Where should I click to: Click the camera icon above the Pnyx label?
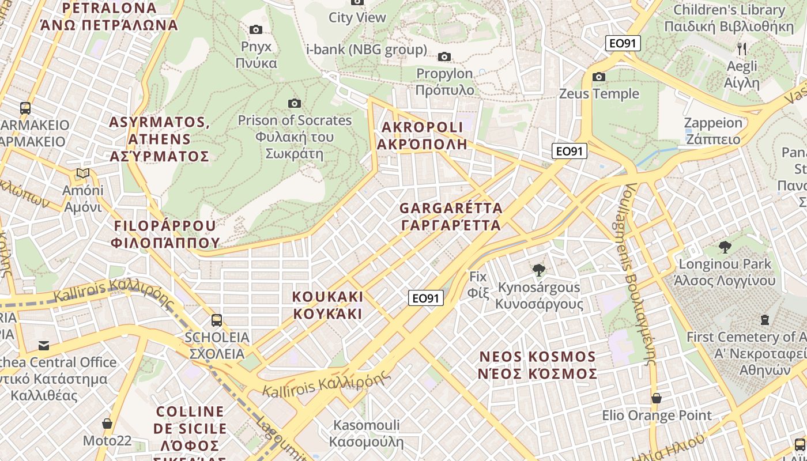(x=256, y=29)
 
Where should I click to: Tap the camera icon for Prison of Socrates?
(x=295, y=103)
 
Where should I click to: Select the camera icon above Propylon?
(x=444, y=56)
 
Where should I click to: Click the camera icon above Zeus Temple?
(x=599, y=77)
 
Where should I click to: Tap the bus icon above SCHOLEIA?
(x=217, y=320)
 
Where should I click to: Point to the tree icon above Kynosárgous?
(x=539, y=269)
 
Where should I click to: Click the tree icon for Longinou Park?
(x=725, y=247)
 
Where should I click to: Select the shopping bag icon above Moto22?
(x=107, y=424)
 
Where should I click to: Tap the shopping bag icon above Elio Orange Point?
(x=656, y=398)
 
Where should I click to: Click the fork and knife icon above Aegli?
(x=742, y=49)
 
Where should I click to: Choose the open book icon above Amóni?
(x=83, y=173)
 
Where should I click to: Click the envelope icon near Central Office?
(x=44, y=346)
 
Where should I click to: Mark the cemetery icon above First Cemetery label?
(x=765, y=319)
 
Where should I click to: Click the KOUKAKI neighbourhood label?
(x=328, y=305)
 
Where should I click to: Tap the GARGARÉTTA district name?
(x=451, y=216)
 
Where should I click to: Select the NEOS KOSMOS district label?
(x=537, y=365)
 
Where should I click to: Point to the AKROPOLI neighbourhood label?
(x=422, y=135)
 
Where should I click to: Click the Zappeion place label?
(x=712, y=131)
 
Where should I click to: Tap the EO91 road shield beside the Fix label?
(x=426, y=298)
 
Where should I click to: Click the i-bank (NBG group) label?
(x=367, y=50)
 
